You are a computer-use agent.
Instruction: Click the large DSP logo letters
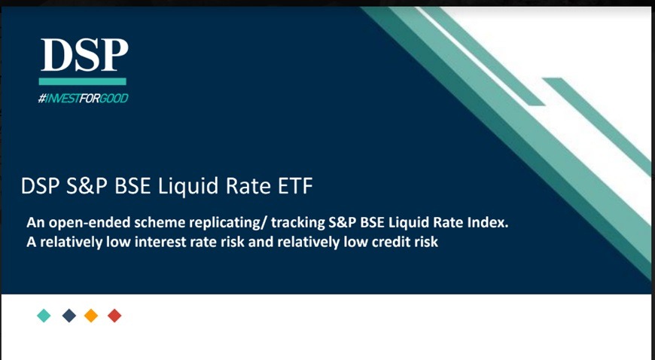coord(84,54)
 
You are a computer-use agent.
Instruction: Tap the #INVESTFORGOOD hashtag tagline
coord(83,99)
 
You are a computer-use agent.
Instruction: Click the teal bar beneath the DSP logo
coord(83,81)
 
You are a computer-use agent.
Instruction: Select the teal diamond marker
coord(44,316)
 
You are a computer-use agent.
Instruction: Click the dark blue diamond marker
coord(69,316)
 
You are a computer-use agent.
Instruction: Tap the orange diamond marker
coord(91,316)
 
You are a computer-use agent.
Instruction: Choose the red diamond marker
coord(114,316)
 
